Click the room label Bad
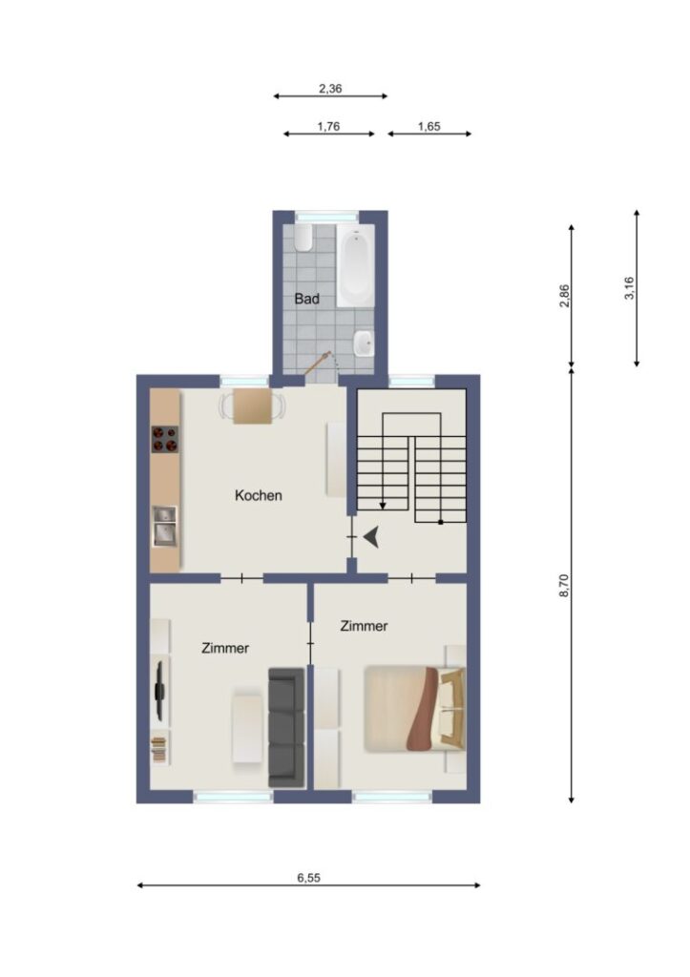[306, 299]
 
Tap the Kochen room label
[258, 496]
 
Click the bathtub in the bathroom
[356, 266]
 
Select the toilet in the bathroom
[303, 238]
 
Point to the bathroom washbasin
[364, 343]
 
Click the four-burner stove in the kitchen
[165, 439]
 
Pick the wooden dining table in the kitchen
[253, 406]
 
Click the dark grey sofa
[286, 727]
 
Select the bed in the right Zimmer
[415, 709]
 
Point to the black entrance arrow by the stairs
[371, 536]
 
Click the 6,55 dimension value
[308, 878]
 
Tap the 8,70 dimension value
[564, 586]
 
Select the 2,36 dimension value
[330, 89]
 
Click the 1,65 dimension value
[429, 127]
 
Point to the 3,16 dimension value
[629, 288]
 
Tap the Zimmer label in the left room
[225, 649]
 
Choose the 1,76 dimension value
[328, 127]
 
